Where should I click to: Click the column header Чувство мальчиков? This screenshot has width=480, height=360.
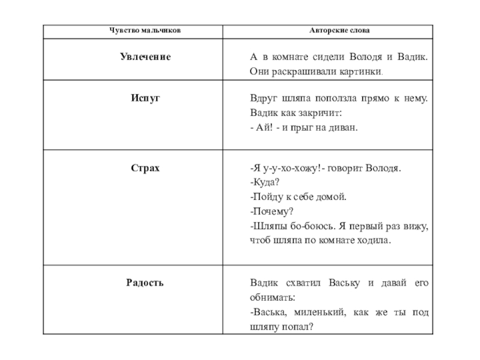(x=143, y=30)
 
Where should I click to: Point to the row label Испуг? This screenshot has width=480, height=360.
(x=145, y=97)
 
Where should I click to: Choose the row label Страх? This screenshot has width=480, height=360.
(x=145, y=168)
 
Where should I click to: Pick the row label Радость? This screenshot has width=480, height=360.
(x=145, y=283)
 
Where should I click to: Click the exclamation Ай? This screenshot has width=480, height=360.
(x=264, y=127)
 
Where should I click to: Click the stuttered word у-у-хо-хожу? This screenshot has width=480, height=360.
(x=292, y=168)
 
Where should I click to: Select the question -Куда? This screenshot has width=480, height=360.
(x=265, y=182)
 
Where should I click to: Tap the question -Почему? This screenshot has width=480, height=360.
(x=271, y=212)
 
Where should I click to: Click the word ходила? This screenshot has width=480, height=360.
(x=374, y=241)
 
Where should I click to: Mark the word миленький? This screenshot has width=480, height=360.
(x=317, y=313)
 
